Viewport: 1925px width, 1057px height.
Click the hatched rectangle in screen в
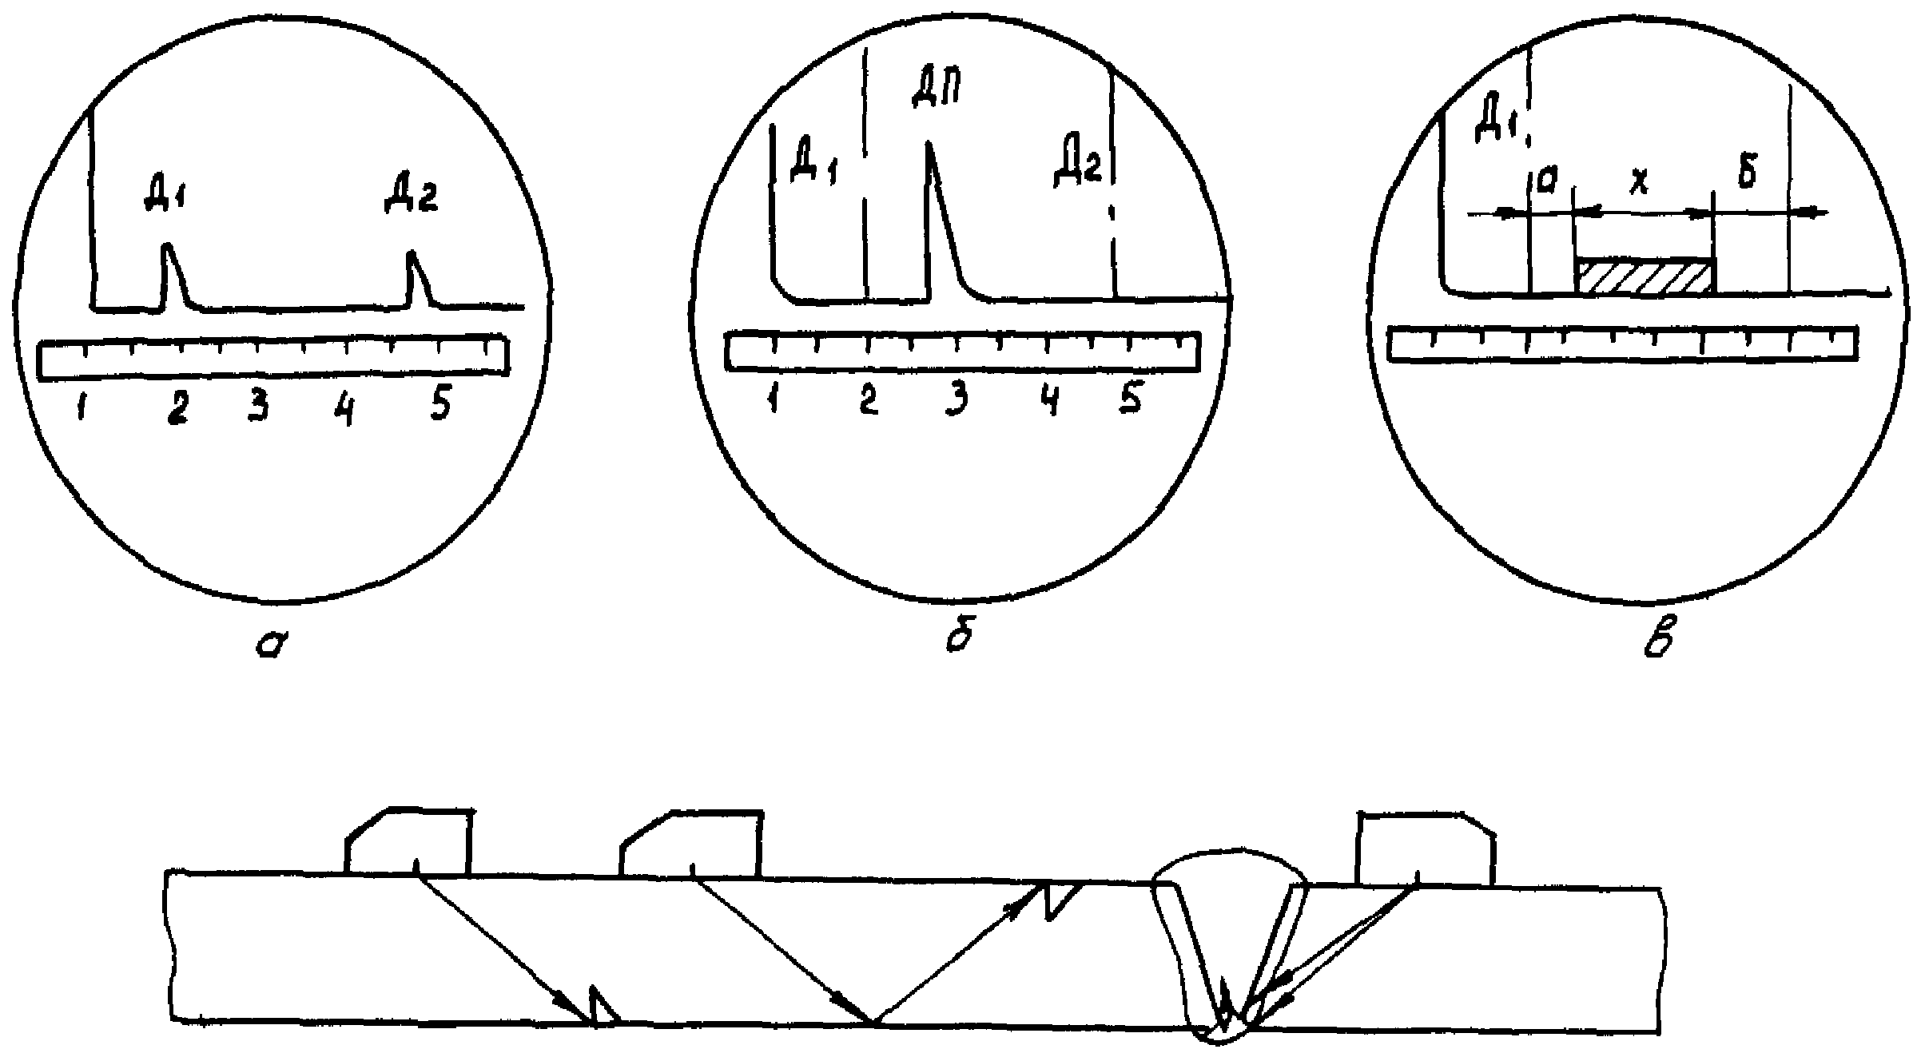[x=1644, y=276]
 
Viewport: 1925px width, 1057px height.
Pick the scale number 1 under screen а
[x=82, y=407]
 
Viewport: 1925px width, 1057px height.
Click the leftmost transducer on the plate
[x=408, y=843]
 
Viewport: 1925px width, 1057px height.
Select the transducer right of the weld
[x=1426, y=849]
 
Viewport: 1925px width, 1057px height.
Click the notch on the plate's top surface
[x=1060, y=899]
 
